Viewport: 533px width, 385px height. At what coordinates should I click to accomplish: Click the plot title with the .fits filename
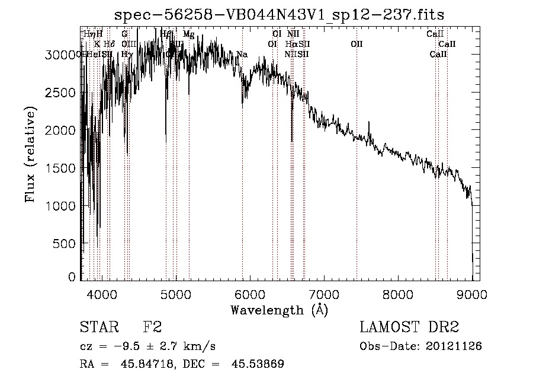(x=280, y=14)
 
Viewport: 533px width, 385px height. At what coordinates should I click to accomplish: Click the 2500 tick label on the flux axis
(x=62, y=93)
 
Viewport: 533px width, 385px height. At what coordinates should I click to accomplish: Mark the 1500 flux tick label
(x=62, y=168)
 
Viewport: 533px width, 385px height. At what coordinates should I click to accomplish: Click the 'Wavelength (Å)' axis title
(x=279, y=309)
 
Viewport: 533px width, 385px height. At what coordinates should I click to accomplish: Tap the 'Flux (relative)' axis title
(x=30, y=154)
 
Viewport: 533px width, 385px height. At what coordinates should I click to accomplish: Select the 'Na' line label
(x=242, y=55)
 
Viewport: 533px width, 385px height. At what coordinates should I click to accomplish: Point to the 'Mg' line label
(x=188, y=34)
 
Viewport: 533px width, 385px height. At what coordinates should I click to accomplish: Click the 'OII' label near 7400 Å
(x=356, y=44)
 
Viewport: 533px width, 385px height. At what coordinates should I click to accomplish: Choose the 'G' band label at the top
(x=124, y=34)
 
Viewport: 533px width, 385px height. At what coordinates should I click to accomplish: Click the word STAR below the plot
(x=98, y=327)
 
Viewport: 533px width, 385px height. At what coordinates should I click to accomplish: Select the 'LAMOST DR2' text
(x=409, y=327)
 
